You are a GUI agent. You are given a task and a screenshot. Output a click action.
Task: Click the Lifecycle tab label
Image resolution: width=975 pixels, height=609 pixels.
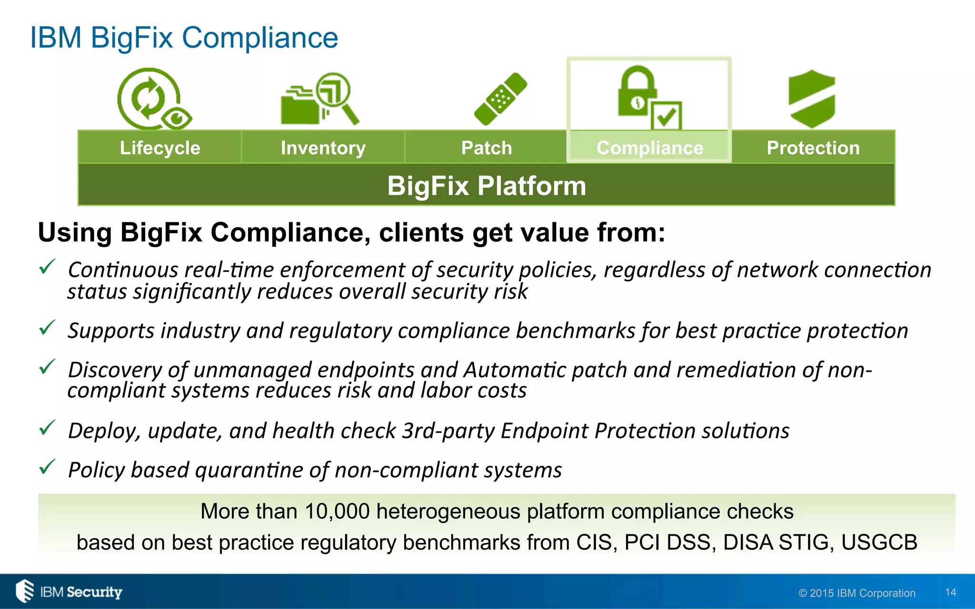pos(160,148)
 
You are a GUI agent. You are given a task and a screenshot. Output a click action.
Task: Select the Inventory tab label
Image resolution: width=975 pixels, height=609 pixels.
pos(323,148)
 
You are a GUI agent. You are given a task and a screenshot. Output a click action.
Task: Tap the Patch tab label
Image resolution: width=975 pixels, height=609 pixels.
pos(487,148)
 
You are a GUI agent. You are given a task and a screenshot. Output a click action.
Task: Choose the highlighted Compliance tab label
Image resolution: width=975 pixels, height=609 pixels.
pos(650,148)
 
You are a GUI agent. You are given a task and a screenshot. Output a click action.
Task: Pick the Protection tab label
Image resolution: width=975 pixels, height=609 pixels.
pos(813,148)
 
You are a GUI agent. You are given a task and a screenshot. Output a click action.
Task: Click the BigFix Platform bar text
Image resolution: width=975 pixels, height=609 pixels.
pos(487,186)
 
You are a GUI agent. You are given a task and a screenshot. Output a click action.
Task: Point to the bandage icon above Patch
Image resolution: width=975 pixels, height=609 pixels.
pos(500,99)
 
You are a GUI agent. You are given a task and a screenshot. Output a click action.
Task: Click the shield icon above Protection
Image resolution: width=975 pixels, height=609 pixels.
pos(812,98)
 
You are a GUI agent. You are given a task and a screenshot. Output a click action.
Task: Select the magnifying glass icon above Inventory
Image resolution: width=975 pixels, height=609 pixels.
pos(336,95)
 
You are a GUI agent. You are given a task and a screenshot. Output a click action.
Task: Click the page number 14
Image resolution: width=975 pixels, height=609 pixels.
pos(951,592)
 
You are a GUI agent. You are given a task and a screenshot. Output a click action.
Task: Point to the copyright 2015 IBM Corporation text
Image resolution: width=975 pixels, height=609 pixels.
pos(857,593)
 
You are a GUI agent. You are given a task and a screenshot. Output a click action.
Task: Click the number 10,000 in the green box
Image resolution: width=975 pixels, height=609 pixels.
pos(337,511)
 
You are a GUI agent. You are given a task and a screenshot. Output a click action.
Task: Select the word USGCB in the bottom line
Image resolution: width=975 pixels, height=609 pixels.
pos(879,542)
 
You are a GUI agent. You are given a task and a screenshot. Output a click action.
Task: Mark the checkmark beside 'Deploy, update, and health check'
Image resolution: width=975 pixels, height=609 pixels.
pos(47,428)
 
